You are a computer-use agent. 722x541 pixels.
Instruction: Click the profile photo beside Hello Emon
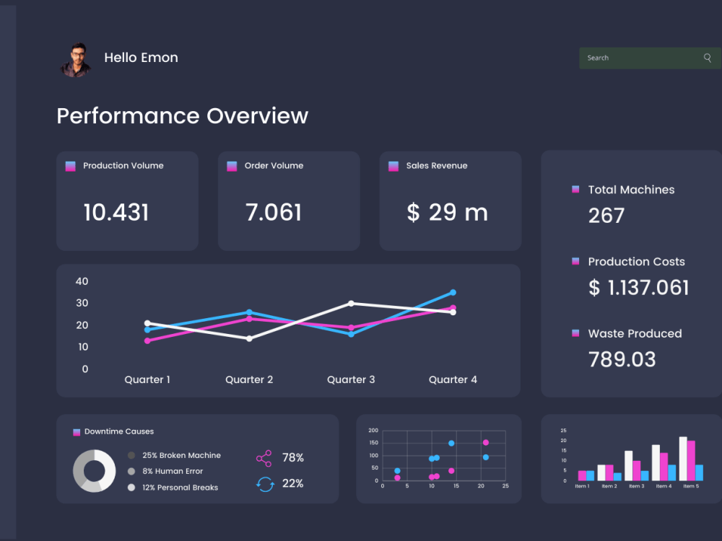[x=76, y=60]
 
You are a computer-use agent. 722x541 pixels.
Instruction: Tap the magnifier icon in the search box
[x=708, y=58]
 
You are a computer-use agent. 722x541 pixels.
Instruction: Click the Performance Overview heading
[x=183, y=116]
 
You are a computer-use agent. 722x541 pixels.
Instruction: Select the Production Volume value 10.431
[x=116, y=213]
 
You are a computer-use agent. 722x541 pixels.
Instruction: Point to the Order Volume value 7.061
[x=274, y=213]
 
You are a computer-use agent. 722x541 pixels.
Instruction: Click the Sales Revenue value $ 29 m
[x=447, y=213]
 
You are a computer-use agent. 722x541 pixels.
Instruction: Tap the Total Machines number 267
[x=606, y=216]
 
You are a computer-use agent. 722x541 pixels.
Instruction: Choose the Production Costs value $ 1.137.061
[x=639, y=288]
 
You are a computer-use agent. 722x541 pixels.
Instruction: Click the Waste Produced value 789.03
[x=622, y=360]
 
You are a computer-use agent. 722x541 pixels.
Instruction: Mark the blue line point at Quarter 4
[x=453, y=293]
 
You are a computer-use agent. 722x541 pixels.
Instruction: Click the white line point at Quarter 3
[x=352, y=303]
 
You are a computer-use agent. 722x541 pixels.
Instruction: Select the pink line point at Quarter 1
[x=147, y=341]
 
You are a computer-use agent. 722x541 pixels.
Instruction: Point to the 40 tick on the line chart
[x=82, y=281]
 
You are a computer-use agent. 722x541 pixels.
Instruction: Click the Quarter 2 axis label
[x=249, y=379]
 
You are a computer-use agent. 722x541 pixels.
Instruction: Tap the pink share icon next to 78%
[x=264, y=458]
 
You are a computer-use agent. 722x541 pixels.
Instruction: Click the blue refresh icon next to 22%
[x=265, y=484]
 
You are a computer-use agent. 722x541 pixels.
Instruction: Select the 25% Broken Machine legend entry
[x=175, y=455]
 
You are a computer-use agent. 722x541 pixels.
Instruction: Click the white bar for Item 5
[x=683, y=459]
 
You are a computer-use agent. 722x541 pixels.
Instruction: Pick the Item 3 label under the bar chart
[x=637, y=486]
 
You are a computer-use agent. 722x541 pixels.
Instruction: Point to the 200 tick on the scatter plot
[x=373, y=431]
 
